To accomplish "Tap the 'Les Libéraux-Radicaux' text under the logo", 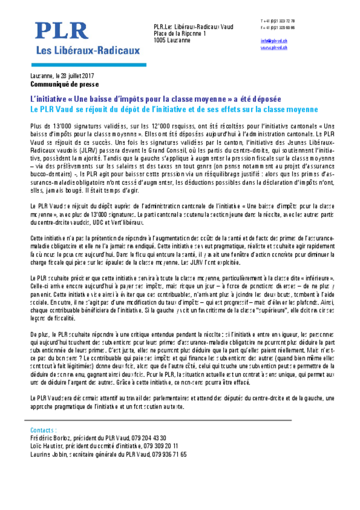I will [x=85, y=50].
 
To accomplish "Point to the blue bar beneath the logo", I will [x=89, y=64].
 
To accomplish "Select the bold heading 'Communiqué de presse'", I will [x=64, y=84].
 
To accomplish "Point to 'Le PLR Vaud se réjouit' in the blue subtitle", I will [x=71, y=109].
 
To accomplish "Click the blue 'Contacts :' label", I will [x=44, y=430].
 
